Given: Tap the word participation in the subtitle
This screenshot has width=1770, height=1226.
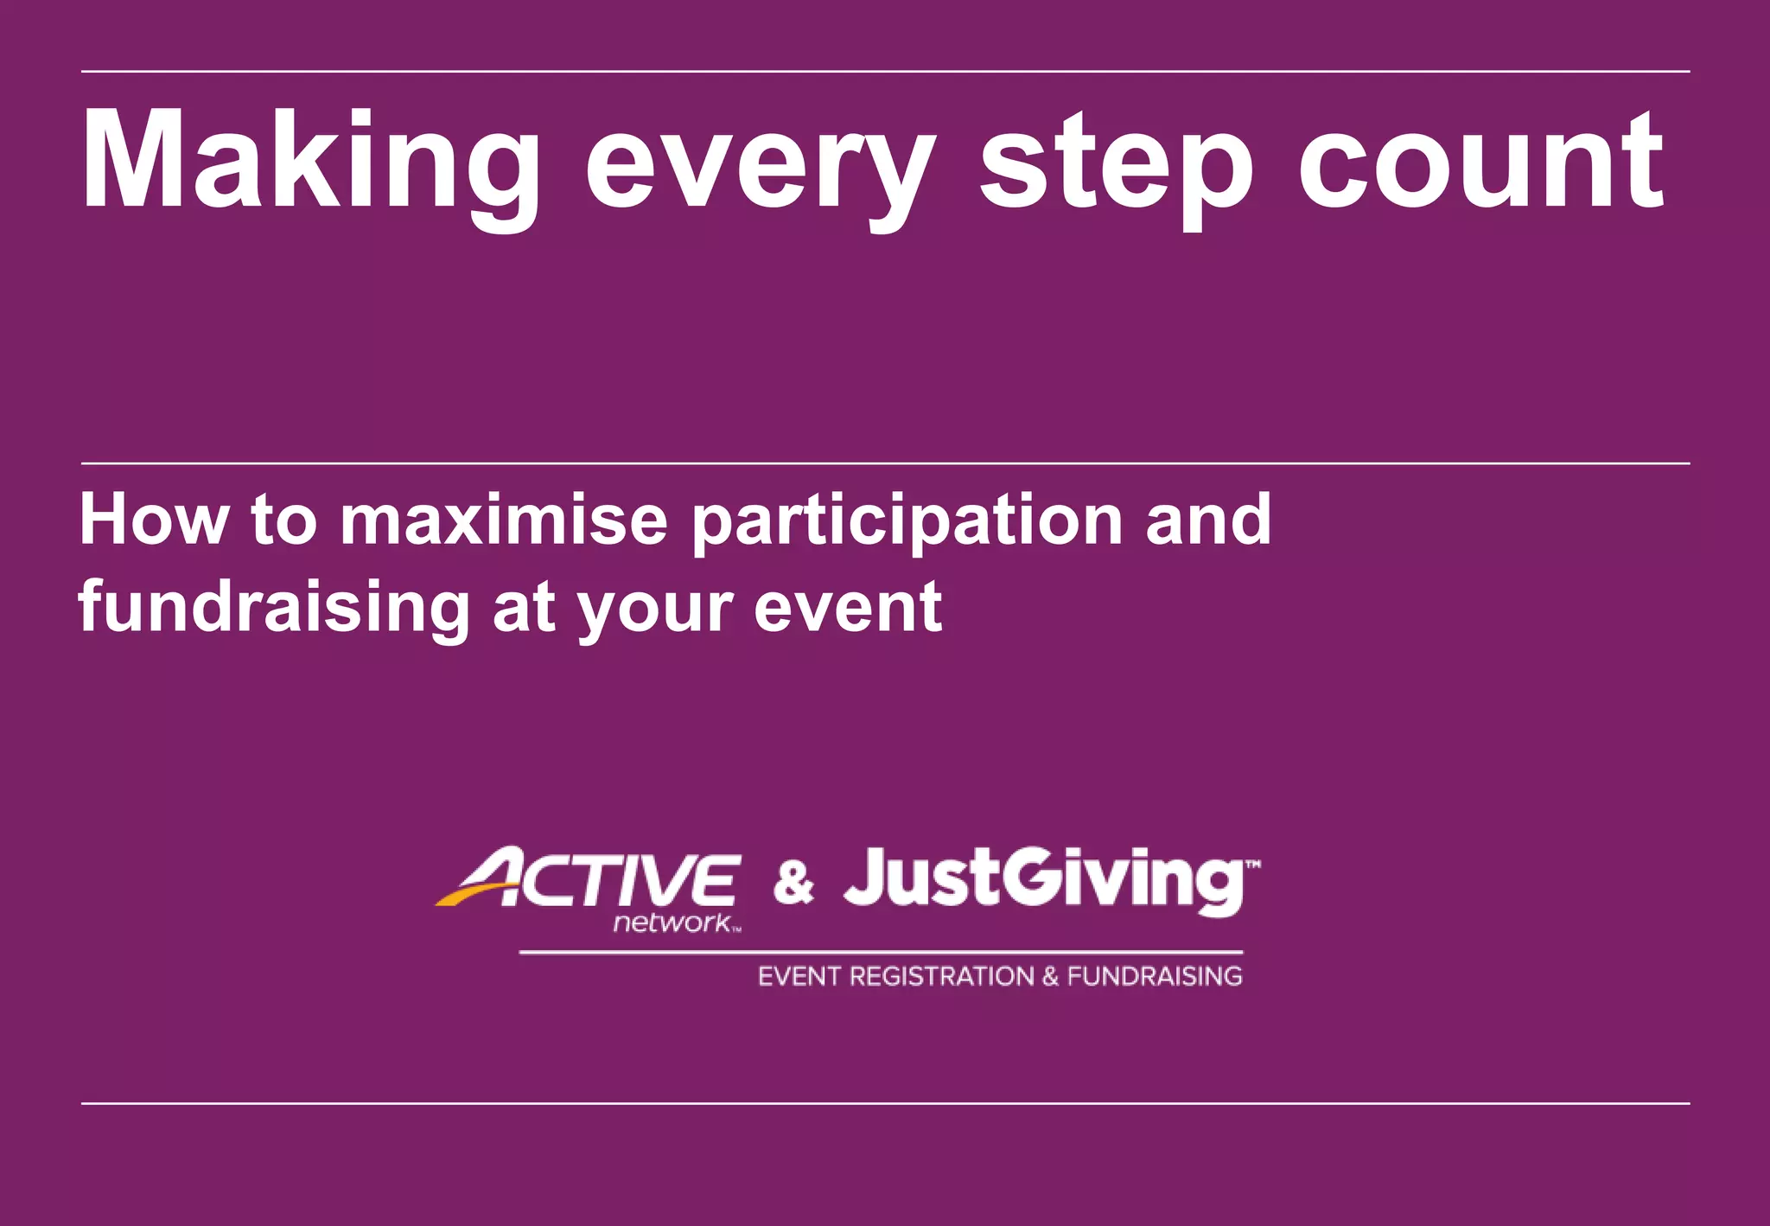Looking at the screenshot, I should pos(907,522).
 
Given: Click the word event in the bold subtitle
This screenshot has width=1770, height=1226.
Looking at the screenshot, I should pos(847,608).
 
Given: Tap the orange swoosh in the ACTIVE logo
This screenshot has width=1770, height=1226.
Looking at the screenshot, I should pos(471,895).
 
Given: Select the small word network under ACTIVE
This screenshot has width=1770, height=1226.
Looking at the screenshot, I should pos(672,923).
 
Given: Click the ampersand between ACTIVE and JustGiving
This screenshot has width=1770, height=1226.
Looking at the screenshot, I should pos(793,883).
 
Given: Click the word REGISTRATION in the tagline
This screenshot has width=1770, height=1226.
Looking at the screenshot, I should pos(941,977).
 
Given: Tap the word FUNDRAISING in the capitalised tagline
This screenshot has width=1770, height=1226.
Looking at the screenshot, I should pos(1155,977).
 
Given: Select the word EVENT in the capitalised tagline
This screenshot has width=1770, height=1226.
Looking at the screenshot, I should pos(799,977).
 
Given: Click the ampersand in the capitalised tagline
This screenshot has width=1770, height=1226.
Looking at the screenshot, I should pos(1050,977).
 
